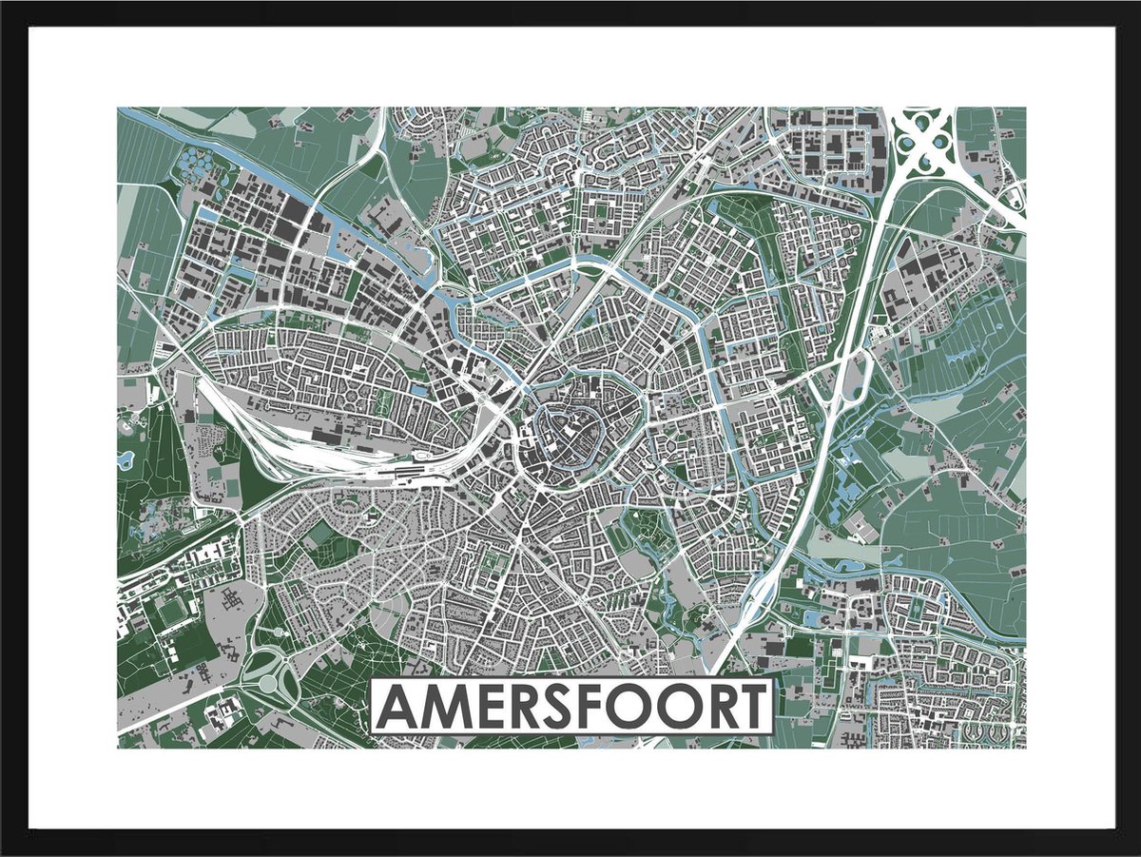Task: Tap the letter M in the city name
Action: pos(446,707)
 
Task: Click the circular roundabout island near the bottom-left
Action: pos(268,682)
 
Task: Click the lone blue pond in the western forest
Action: pos(126,459)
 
